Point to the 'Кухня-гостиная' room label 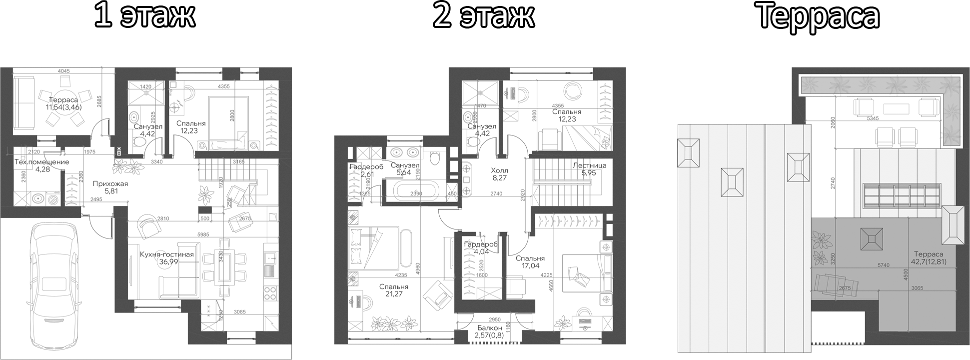click(x=166, y=254)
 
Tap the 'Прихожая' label click(x=110, y=183)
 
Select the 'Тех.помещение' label click(x=41, y=162)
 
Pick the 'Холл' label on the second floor click(x=499, y=170)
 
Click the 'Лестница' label click(x=589, y=165)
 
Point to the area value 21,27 click(x=393, y=294)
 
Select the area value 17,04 click(x=530, y=266)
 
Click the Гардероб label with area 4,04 click(x=480, y=244)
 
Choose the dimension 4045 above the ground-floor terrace click(x=63, y=71)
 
